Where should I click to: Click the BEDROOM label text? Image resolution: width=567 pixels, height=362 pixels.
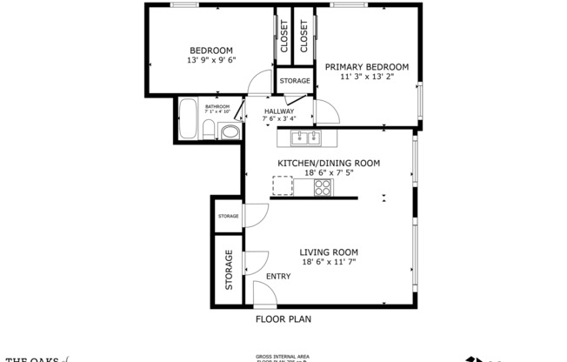pos(211,50)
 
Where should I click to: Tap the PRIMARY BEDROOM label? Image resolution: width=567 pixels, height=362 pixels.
pos(366,66)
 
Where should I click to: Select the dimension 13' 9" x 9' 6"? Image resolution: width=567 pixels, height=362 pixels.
pos(211,60)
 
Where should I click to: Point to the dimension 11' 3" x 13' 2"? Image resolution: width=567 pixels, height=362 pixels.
pos(366,77)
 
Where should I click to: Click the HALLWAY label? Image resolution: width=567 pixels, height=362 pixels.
pos(279,111)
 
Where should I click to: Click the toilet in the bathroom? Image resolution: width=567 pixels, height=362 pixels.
pos(208,131)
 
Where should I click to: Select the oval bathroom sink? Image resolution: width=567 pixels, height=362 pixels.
pos(229,133)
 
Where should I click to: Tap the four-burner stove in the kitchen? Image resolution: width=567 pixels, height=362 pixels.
pos(324,185)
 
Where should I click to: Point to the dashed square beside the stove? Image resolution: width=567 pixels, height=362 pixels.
pos(283,185)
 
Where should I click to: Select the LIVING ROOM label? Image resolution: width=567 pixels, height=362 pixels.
pos(329,251)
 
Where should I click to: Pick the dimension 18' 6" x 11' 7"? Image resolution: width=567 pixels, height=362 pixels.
pos(329,261)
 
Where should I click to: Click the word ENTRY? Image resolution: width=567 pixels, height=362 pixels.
pos(278,276)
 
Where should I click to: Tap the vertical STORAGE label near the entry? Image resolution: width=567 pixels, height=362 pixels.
pos(230,271)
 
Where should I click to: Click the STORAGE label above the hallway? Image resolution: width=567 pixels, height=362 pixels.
pos(295,81)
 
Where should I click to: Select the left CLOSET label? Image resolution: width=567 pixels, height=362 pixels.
pos(284,37)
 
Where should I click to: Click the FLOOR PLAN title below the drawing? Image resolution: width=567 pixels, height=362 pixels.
pos(283,318)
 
